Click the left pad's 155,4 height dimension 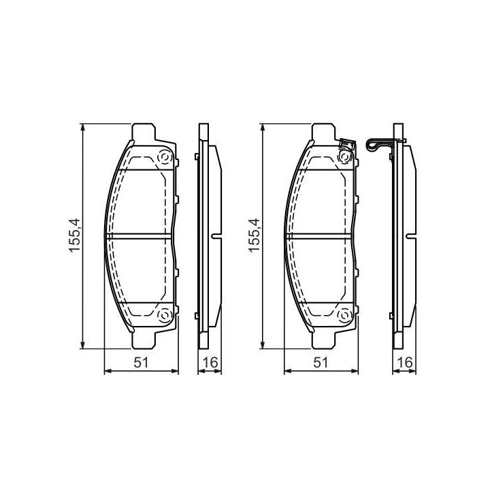point(75,235)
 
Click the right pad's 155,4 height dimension point(254,235)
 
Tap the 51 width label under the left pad point(141,363)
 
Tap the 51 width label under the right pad point(321,363)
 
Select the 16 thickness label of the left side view point(210,363)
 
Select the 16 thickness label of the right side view point(405,363)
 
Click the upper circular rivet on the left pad point(165,157)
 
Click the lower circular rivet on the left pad point(165,315)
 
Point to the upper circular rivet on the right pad point(345,157)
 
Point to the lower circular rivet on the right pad point(345,315)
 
